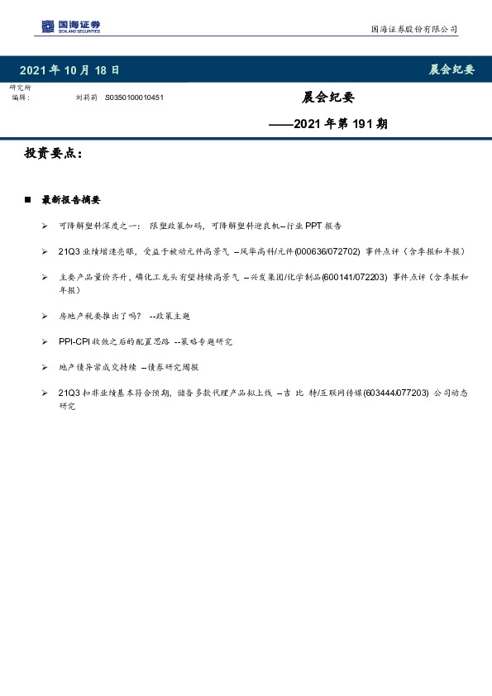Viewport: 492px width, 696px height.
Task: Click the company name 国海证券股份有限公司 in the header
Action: (413, 29)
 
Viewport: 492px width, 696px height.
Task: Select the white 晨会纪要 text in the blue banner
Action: (451, 70)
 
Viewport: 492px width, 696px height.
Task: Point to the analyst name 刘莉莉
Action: (86, 97)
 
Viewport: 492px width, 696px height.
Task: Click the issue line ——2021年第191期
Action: (328, 124)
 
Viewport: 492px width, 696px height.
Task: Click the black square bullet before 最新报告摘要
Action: (28, 200)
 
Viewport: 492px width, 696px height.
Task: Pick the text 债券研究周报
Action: (173, 367)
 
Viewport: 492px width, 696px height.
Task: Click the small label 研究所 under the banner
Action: (20, 88)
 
